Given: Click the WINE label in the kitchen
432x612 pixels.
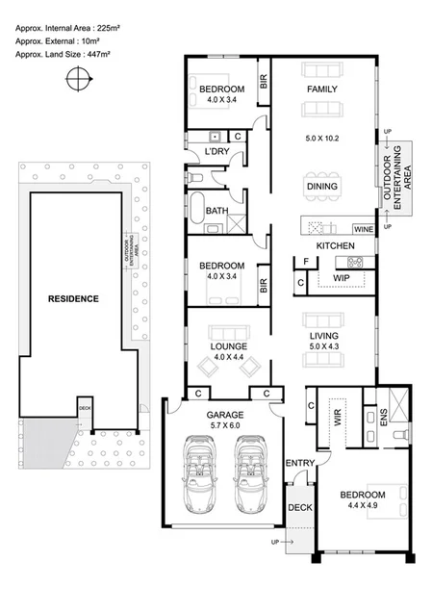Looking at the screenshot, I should click(363, 230).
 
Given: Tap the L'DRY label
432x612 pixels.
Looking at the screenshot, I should click(217, 151).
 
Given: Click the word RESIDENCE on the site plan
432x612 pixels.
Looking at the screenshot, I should click(74, 298).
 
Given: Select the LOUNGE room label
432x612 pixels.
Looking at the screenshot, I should click(229, 345).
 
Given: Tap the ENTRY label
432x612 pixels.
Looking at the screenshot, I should click(300, 464).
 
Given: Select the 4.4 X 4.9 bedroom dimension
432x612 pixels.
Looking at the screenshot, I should click(361, 509).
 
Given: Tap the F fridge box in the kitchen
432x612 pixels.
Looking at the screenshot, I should click(305, 261).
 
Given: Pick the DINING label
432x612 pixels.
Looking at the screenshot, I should click(321, 186).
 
